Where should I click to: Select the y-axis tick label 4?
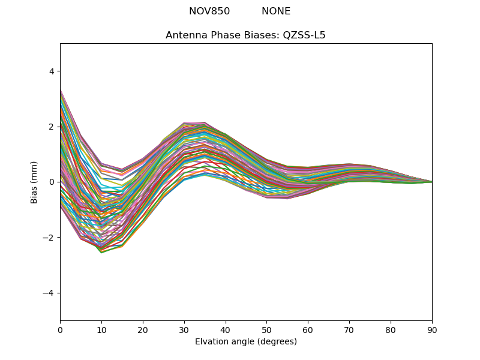(x=52, y=71)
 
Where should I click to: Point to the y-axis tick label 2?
(x=52, y=127)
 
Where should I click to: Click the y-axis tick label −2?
(x=49, y=238)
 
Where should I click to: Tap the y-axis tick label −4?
(x=49, y=293)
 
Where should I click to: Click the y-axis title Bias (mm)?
(x=34, y=182)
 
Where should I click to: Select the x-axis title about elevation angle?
(x=246, y=341)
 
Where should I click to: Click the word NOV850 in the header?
(x=209, y=11)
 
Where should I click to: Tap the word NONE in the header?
(x=276, y=11)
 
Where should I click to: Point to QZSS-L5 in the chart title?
(x=304, y=35)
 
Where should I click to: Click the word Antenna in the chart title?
(x=185, y=35)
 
